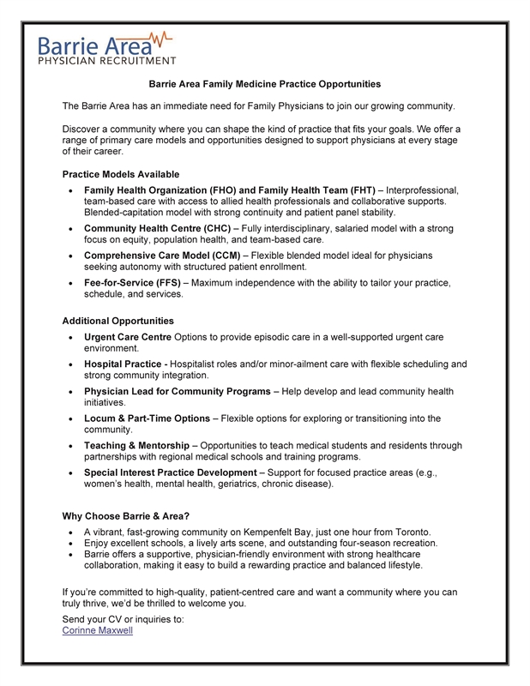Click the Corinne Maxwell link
tap(98, 630)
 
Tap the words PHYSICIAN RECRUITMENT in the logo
tap(107, 60)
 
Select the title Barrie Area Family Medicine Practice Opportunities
tap(265, 84)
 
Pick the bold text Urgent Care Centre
tap(134, 337)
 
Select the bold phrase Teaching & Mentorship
tap(142, 446)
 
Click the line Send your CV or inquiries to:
tap(123, 618)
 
